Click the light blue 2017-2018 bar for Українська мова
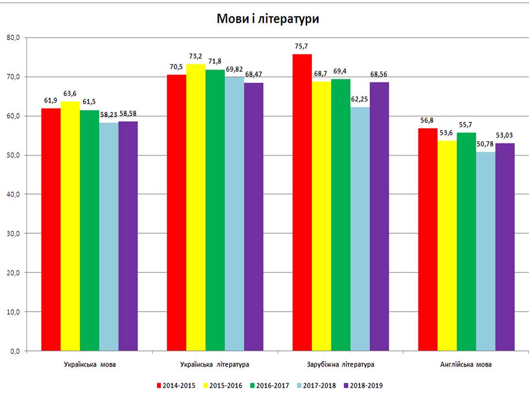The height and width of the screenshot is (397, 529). pos(109,237)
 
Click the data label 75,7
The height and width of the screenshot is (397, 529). pos(302,46)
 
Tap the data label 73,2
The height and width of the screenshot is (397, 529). pos(196,56)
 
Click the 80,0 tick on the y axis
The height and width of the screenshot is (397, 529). pos(13,37)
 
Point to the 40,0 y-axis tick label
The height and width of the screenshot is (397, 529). pos(13,194)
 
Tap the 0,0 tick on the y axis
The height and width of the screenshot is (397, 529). pos(15,351)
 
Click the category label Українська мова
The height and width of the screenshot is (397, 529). pos(89,365)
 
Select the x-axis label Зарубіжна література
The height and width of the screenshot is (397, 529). pos(340,365)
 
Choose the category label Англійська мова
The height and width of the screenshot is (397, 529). pos(466,365)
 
